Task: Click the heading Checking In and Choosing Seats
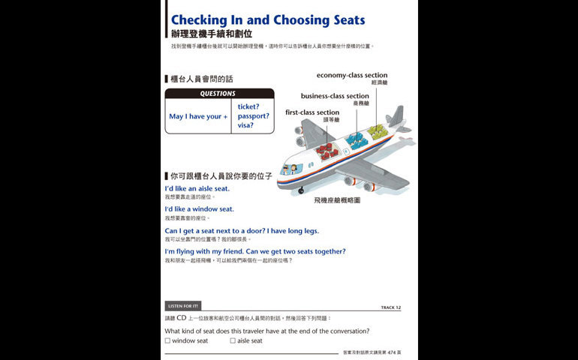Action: (267, 19)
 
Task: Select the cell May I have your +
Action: (198, 116)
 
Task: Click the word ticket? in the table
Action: (248, 106)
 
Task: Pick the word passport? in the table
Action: (253, 116)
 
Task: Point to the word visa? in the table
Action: (245, 126)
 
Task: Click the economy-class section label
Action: (351, 75)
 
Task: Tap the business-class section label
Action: (335, 96)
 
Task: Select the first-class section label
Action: (312, 112)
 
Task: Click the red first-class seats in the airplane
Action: (327, 150)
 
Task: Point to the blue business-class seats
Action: (356, 139)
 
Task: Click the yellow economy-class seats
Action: (378, 131)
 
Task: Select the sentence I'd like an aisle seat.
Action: (197, 188)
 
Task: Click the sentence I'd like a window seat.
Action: (199, 209)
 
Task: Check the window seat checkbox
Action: (167, 340)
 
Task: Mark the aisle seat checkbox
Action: (233, 340)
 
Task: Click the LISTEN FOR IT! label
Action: (183, 306)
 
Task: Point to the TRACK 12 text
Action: (391, 307)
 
